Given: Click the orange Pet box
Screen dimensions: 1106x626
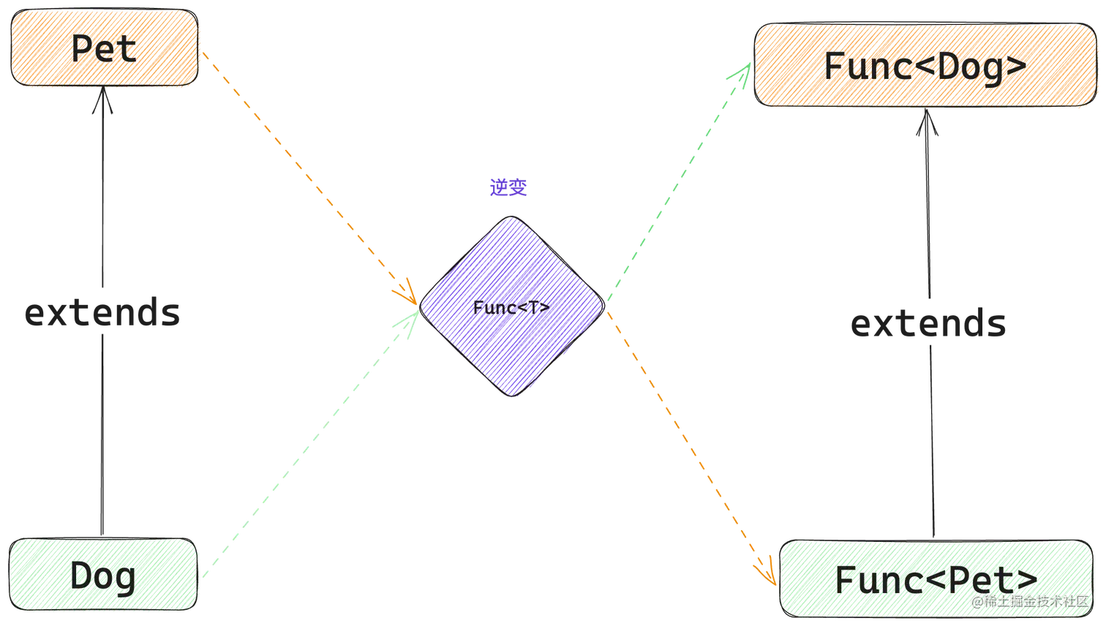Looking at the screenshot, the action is (104, 48).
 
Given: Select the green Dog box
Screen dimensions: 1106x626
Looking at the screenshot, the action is (102, 575).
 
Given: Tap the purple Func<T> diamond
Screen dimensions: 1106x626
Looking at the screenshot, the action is (512, 306).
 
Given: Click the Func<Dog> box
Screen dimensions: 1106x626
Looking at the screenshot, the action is (926, 64).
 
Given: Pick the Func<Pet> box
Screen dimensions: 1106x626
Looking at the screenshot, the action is (936, 578).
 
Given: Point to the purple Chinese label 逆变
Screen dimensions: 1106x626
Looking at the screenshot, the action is (508, 188).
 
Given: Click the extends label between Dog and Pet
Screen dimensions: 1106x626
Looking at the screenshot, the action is (102, 312).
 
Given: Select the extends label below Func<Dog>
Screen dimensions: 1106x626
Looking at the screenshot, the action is (929, 323).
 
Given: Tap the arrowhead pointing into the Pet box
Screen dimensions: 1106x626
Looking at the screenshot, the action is (102, 99).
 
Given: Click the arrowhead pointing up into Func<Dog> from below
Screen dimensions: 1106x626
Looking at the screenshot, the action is (928, 121).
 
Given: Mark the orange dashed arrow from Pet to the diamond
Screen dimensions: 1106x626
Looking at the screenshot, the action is (310, 178).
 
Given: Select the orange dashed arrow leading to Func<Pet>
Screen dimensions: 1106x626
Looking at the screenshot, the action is (692, 449).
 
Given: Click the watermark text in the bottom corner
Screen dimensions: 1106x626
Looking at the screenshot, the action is (1030, 601).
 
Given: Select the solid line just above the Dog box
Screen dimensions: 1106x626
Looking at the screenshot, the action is (102, 435).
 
